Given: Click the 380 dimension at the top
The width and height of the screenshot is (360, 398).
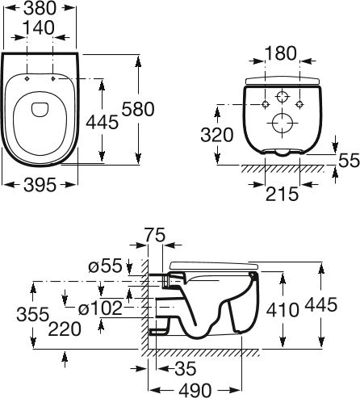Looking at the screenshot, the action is tap(40, 8).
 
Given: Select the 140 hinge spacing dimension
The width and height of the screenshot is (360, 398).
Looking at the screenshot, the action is tap(39, 27).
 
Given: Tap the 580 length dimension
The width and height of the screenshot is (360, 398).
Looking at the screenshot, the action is tap(138, 109).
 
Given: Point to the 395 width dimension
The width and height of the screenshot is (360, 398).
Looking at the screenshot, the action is tap(40, 185).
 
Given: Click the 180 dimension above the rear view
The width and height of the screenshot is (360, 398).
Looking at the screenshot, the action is tap(281, 53).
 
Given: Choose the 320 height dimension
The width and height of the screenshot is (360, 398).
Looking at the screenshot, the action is tap(217, 135).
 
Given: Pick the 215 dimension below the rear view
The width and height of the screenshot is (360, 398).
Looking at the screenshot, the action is tap(283, 194).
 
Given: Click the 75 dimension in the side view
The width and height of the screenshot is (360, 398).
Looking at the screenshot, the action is tap(155, 235).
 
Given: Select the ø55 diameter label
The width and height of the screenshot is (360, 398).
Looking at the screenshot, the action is tap(106, 266).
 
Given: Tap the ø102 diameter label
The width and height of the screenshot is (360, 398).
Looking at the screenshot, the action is tap(100, 308).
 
